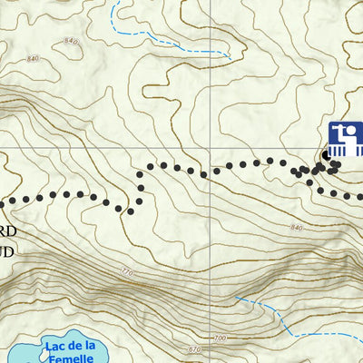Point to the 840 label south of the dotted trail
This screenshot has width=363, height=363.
[297, 227]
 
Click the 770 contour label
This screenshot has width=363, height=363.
[125, 272]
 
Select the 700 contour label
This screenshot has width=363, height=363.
[218, 338]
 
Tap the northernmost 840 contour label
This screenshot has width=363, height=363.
[72, 41]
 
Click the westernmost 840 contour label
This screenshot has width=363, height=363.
[34, 60]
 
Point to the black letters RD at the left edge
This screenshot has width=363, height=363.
[6, 231]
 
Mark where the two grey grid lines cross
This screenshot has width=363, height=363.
[215, 144]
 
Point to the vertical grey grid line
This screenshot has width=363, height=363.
[215, 73]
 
